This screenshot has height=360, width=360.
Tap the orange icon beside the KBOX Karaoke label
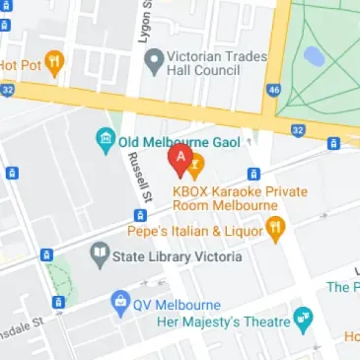click(195, 162)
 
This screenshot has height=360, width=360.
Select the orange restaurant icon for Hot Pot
click(53, 65)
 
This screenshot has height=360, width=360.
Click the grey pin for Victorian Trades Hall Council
click(153, 64)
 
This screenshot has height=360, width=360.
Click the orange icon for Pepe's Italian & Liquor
click(276, 229)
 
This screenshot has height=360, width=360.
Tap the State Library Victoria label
click(178, 258)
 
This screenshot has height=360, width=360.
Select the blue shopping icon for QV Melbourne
click(120, 300)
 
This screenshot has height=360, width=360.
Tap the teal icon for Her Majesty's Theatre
click(304, 319)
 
